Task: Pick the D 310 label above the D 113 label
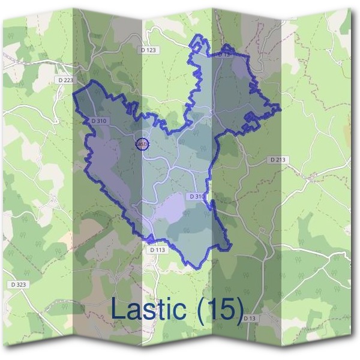coord(197,196)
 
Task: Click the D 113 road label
coord(157,249)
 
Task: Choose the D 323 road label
coord(19,284)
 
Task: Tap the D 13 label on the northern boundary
coord(224,54)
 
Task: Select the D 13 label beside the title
coord(250,317)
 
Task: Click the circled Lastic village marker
coord(142,144)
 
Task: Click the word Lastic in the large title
coord(149,310)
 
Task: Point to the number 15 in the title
coord(219,310)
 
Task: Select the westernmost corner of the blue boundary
coord(73,93)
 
